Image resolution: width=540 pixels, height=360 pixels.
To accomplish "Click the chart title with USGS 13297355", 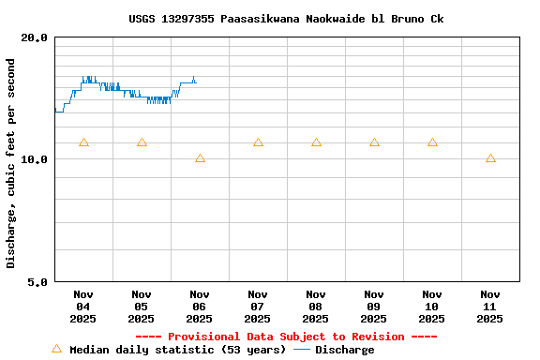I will click(287, 19).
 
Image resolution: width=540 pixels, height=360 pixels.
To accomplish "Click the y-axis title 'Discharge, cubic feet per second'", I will click(11, 163).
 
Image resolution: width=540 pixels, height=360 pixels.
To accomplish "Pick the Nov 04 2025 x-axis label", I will click(83, 307).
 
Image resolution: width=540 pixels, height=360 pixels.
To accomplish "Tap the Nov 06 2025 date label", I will click(200, 307).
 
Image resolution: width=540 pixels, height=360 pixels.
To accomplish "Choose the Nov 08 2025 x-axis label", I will click(316, 307).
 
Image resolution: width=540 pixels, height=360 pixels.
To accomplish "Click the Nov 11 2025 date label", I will click(490, 307).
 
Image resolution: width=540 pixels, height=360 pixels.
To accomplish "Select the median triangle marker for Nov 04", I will click(83, 142).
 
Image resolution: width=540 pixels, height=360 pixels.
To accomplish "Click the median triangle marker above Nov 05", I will click(142, 142).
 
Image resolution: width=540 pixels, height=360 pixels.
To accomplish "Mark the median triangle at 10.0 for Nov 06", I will click(200, 158).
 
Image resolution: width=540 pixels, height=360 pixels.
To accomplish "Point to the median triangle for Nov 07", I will click(258, 142).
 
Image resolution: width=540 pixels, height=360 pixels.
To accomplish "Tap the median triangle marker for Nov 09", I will click(374, 142).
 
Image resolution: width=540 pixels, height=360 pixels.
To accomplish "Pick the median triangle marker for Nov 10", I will click(432, 142).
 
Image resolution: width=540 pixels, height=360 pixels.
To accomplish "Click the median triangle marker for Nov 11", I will click(490, 158).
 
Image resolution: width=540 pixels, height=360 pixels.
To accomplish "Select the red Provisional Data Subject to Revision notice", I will click(286, 337).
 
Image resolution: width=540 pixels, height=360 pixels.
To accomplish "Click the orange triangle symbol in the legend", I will click(56, 349).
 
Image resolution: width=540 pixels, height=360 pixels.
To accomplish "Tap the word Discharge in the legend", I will click(344, 350).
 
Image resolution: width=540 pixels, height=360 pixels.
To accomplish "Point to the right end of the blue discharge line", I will click(196, 82).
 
